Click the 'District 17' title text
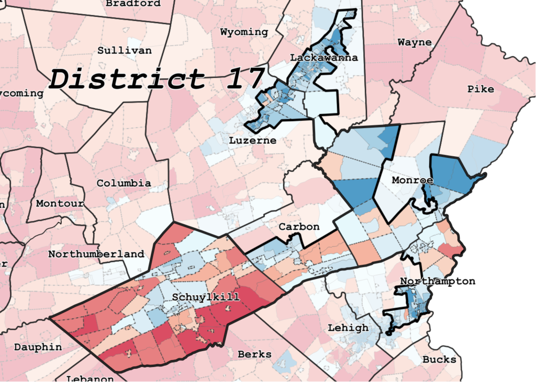[x=156, y=79]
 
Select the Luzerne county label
[x=252, y=141]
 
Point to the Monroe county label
[x=412, y=180]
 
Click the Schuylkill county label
[x=206, y=297]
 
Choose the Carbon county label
[x=299, y=227]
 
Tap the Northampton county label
[x=438, y=281]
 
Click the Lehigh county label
[x=348, y=328]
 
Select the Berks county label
[x=254, y=354]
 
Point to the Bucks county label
[x=439, y=360]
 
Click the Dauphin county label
[x=38, y=347]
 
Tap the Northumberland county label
[x=96, y=254]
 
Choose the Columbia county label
[x=124, y=183]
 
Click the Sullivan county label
[x=125, y=51]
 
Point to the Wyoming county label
[x=244, y=32]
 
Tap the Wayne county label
[x=415, y=42]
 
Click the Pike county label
[x=481, y=89]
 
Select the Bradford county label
[x=133, y=4]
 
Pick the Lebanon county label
[x=90, y=378]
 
